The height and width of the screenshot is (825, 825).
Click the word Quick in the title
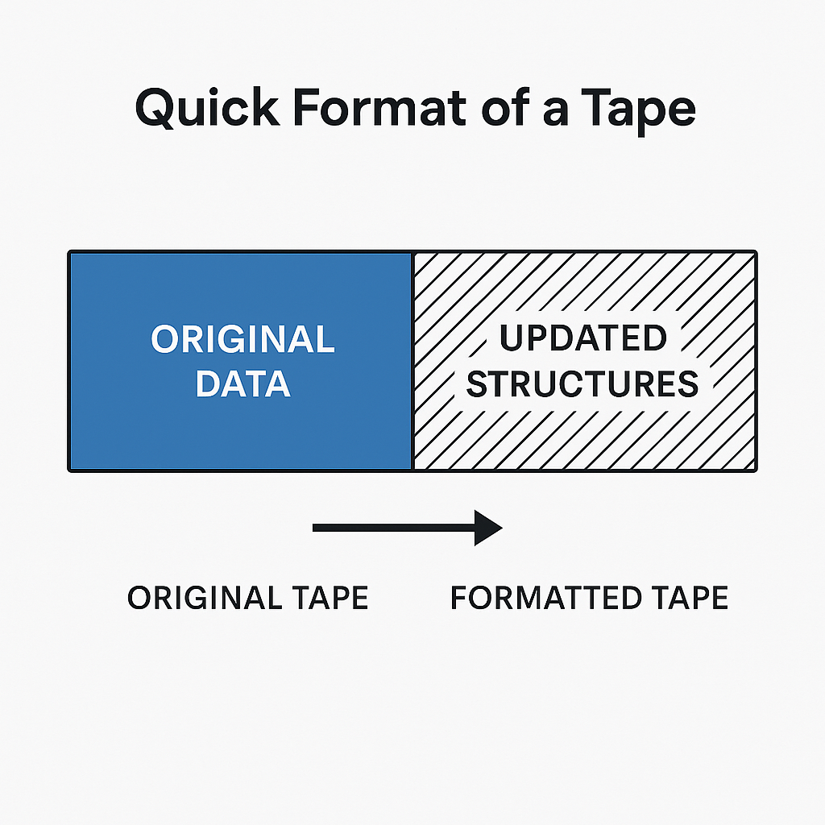click(207, 108)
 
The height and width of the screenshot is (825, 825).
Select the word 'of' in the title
click(506, 107)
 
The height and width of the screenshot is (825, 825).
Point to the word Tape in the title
click(638, 111)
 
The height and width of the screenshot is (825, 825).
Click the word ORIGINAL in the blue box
click(243, 339)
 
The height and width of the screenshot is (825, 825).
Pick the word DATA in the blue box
click(243, 383)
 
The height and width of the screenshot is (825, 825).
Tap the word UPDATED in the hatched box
click(583, 338)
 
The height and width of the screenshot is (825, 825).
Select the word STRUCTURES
click(582, 383)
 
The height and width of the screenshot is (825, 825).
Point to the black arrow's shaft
click(393, 528)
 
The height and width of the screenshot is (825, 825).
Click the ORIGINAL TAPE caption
click(248, 598)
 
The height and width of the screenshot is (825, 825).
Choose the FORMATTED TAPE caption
click(589, 598)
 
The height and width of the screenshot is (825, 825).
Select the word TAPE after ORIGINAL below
click(330, 598)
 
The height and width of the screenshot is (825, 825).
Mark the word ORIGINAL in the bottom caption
click(205, 598)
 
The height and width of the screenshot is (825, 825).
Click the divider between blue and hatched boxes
click(412, 361)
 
